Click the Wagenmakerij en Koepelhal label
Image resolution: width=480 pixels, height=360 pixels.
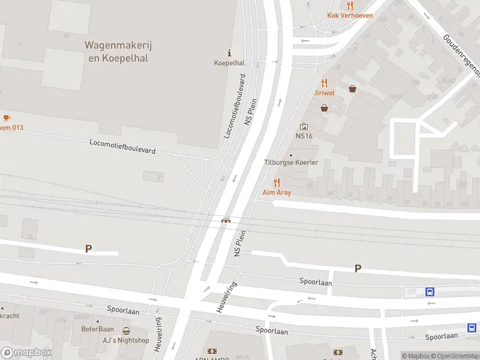click(x=116, y=51)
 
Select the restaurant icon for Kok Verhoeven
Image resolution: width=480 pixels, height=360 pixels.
click(x=350, y=5)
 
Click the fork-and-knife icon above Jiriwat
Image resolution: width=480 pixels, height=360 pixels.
click(x=325, y=83)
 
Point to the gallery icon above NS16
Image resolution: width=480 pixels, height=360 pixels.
click(x=304, y=127)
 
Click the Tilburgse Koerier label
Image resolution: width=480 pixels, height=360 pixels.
click(x=291, y=163)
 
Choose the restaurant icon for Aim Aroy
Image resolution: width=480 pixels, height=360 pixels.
click(x=277, y=182)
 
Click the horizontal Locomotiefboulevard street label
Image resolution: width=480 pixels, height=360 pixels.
click(x=122, y=146)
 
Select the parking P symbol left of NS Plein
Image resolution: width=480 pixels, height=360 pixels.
click(x=89, y=248)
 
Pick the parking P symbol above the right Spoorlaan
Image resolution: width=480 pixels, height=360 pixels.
click(x=358, y=269)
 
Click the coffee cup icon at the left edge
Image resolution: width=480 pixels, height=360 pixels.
click(x=7, y=118)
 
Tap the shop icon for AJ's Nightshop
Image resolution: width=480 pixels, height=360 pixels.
click(x=126, y=331)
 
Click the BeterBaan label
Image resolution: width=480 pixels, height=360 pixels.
click(x=98, y=329)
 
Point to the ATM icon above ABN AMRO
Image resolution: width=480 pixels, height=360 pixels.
click(x=212, y=351)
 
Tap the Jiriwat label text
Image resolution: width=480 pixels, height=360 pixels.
click(x=325, y=93)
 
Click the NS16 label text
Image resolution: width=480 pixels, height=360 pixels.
click(x=304, y=136)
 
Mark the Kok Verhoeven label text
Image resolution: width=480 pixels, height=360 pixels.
click(x=350, y=16)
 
